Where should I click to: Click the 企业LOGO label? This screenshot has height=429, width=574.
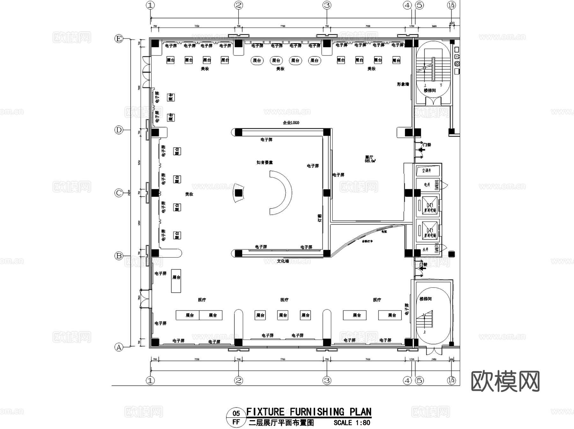click(291, 123)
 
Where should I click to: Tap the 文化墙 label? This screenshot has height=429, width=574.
click(283, 261)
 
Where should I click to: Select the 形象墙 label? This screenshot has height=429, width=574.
click(403, 84)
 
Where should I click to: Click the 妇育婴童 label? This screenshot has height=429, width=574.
click(264, 162)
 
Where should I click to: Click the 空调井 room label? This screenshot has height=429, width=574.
click(426, 171)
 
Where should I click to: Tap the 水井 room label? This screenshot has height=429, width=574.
click(425, 250)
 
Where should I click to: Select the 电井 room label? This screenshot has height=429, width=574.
click(427, 185)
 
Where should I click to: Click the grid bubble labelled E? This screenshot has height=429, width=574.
click(119, 39)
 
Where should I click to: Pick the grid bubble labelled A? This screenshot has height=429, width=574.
click(119, 347)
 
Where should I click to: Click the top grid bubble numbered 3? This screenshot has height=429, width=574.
click(327, 5)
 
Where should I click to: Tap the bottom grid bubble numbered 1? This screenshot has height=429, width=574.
click(150, 380)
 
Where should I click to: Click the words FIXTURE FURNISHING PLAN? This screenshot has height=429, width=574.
click(309, 412)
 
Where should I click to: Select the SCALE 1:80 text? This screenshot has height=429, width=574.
click(352, 423)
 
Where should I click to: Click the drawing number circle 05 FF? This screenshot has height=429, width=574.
click(236, 418)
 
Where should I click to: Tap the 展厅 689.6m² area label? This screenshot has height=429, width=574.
click(370, 159)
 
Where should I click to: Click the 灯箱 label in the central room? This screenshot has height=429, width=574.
click(320, 218)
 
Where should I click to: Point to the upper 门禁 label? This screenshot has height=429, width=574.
click(427, 145)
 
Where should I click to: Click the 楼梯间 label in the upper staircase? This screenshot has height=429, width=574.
click(430, 91)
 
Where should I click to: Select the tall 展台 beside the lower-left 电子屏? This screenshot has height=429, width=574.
click(176, 281)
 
